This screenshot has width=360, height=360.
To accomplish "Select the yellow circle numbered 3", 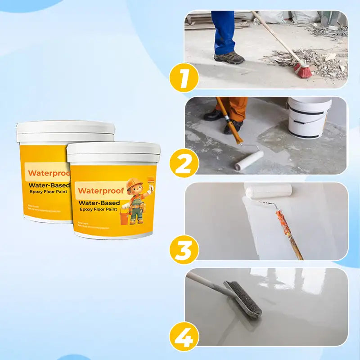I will pos(184,248).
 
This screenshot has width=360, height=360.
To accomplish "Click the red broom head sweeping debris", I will pos(303,70).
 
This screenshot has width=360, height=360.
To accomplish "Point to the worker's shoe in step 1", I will pos(229,58).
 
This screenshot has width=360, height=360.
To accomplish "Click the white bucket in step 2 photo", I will pos(309,118).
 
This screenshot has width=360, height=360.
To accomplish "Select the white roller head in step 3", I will pos(268,191).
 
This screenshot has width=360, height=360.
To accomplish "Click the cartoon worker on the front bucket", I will pos(136,201).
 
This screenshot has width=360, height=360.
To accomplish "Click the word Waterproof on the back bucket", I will pos(47,173).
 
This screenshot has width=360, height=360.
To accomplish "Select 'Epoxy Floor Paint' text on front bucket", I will pos(98,210).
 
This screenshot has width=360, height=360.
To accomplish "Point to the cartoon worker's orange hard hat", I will pos(134,184).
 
